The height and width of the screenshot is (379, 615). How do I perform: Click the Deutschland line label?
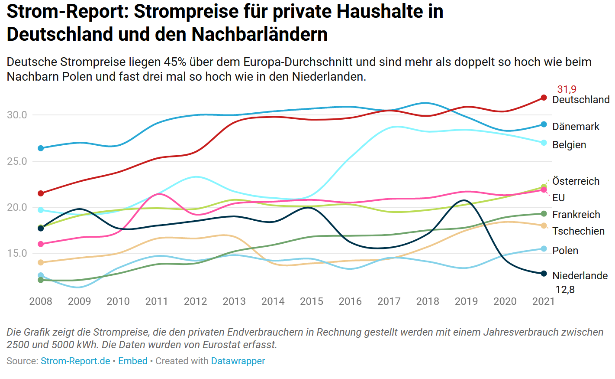581,100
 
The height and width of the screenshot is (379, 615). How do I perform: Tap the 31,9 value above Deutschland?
567,89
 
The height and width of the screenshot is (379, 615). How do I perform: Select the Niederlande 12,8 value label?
565,290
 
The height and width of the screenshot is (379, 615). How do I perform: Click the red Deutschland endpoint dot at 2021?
544,98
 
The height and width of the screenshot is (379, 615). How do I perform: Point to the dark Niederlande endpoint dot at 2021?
544,274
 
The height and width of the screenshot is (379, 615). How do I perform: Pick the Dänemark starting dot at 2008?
41,148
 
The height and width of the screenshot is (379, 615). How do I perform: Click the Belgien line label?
569,145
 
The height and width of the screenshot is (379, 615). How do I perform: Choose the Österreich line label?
576,181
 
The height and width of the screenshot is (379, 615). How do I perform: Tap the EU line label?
558,198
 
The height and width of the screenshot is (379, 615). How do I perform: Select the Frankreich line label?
576,215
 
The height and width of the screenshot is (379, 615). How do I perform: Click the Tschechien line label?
578,231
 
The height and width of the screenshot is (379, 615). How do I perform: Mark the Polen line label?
565,251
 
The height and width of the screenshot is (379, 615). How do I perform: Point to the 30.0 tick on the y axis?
17,115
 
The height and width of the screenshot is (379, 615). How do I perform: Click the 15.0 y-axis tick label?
17,253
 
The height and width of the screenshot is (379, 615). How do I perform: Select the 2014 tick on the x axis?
273,301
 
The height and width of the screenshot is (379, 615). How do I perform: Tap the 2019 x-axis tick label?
466,301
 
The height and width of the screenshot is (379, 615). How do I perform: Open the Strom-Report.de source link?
75,361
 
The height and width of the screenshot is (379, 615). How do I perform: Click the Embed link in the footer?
133,361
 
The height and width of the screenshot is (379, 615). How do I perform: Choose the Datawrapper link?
238,361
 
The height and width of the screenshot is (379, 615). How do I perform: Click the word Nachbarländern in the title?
260,34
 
